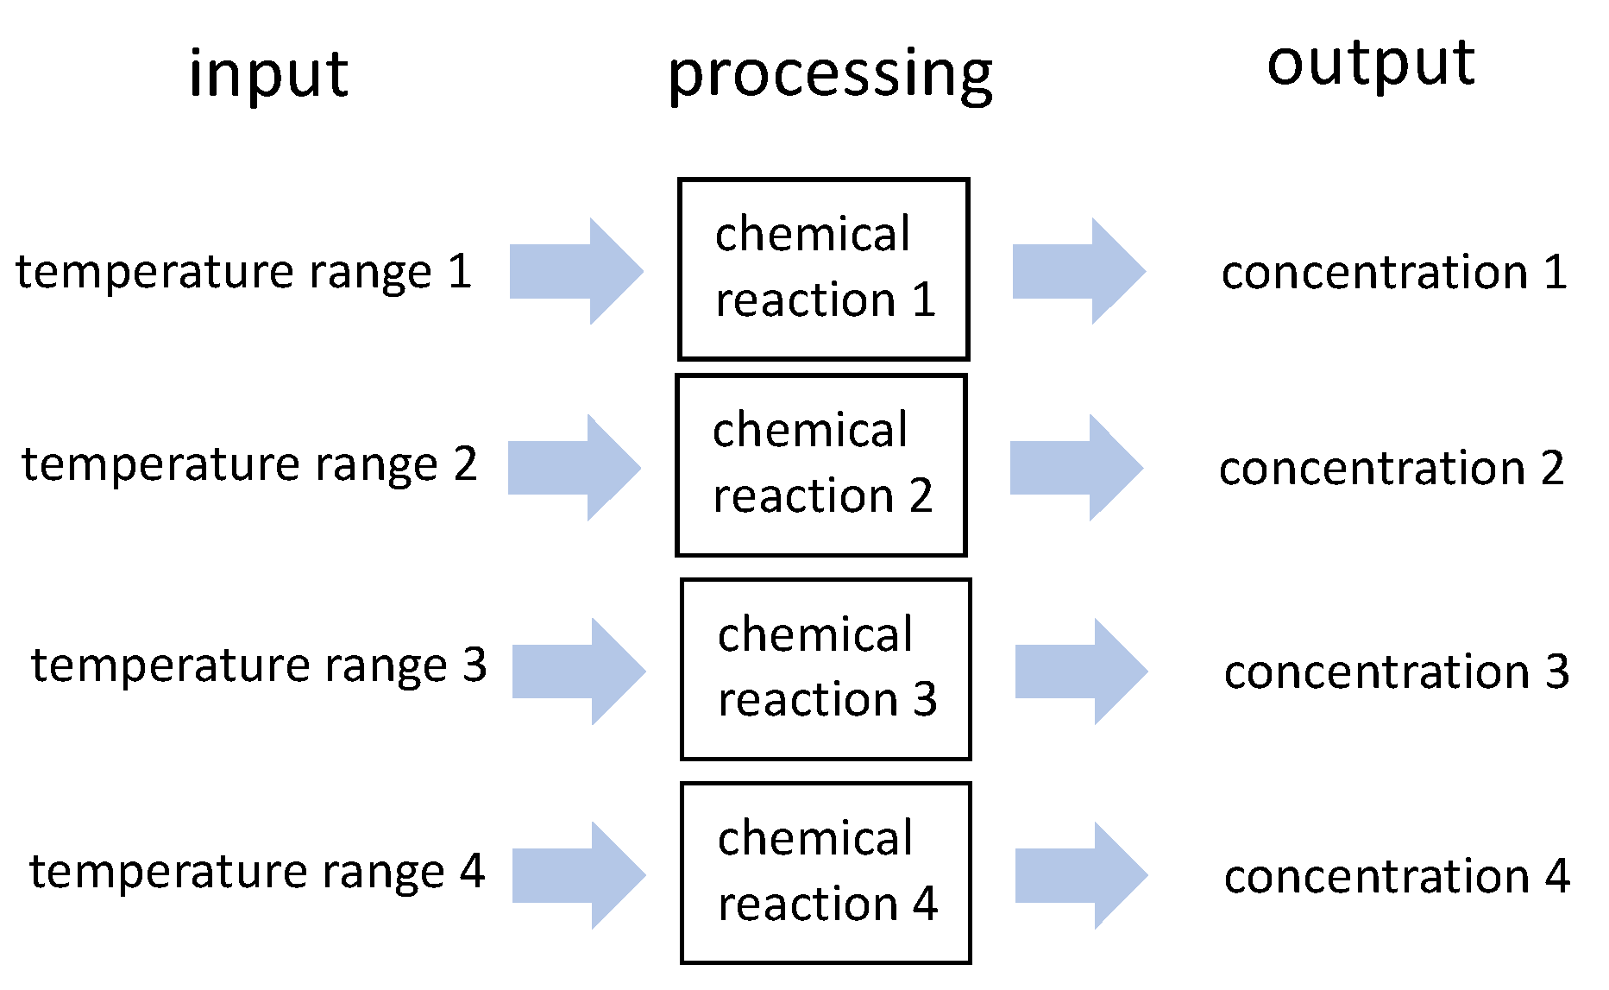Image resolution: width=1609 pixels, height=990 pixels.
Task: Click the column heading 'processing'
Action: tap(830, 75)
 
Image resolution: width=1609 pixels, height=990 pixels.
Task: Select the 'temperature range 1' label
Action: tap(244, 272)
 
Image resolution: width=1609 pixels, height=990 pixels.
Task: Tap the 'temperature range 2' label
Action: tap(249, 465)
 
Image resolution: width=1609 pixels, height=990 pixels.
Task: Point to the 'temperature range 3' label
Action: tap(259, 665)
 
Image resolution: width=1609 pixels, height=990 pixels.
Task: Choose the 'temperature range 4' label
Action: tap(257, 871)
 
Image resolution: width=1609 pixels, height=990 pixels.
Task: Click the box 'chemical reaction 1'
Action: tap(824, 269)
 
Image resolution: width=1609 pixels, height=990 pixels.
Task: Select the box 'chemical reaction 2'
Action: tap(821, 465)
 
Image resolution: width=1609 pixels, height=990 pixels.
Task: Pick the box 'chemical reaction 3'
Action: tap(826, 669)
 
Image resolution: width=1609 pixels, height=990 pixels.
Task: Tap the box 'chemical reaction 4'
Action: tap(826, 873)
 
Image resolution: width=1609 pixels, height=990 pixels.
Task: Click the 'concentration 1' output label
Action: tap(1394, 273)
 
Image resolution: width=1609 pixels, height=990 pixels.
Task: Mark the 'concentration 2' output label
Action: tap(1392, 469)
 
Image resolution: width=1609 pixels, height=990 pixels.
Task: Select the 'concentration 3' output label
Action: tap(1397, 672)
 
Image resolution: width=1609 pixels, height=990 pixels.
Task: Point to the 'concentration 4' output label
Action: tap(1397, 877)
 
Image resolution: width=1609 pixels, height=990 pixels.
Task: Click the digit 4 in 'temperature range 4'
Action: tap(472, 871)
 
